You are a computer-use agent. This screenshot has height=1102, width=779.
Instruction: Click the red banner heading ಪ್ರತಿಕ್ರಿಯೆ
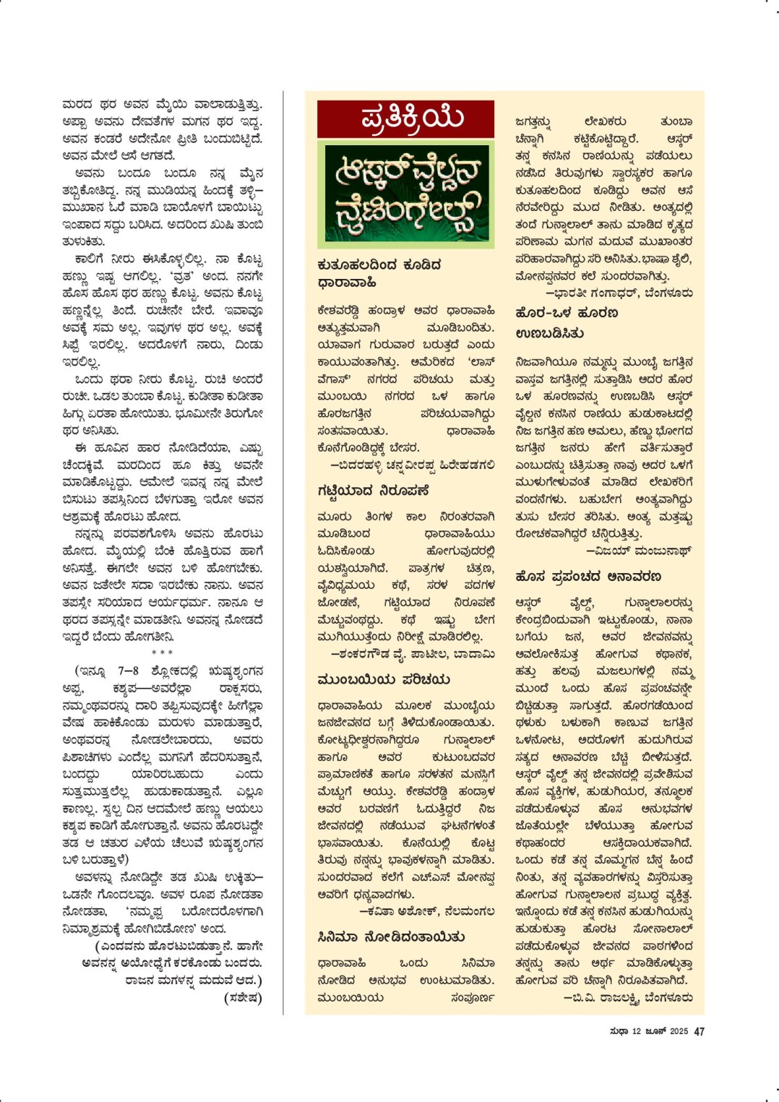point(405,119)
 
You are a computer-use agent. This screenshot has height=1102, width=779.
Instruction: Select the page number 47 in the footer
point(699,1032)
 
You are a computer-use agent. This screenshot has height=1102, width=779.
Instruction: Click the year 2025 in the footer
point(679,1032)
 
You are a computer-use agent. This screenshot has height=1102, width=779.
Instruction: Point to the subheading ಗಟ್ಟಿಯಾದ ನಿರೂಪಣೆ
point(373,491)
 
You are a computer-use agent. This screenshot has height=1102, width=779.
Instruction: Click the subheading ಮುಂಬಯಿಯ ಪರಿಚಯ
point(383,679)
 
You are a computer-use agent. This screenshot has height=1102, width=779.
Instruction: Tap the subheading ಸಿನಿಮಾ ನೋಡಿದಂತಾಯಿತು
point(391,937)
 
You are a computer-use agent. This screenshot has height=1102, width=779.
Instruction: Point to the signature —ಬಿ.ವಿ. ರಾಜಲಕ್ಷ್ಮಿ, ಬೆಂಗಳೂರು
point(628,998)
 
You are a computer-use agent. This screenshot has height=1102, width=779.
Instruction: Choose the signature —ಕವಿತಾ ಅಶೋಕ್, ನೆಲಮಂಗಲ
point(427,911)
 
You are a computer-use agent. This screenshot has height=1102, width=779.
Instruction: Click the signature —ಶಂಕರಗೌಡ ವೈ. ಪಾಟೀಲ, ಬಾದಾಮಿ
point(413,654)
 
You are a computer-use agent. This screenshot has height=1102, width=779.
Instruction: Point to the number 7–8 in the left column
point(128,671)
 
